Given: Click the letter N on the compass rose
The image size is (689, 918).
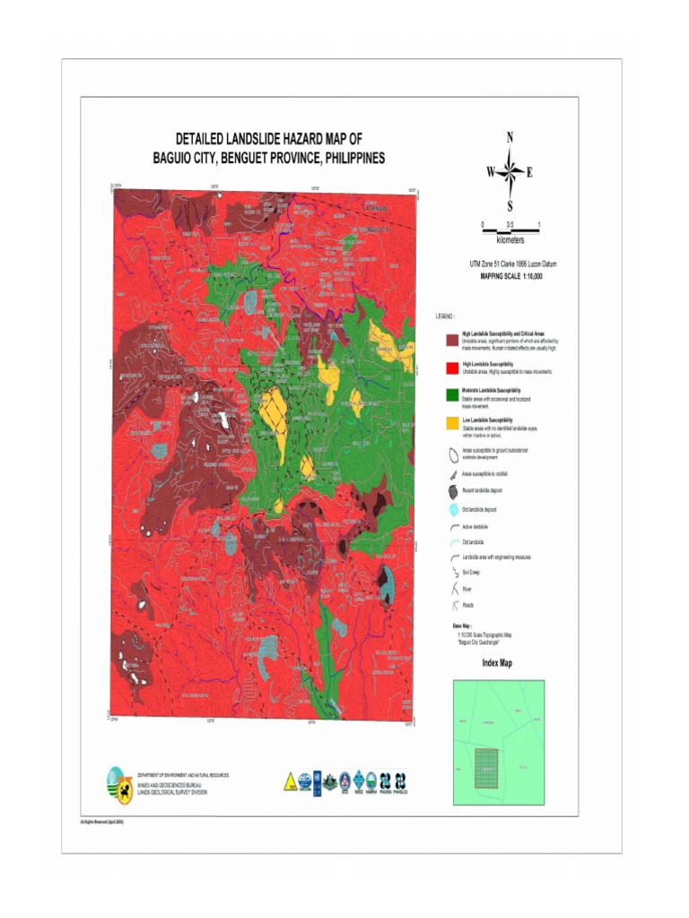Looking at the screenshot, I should [510, 137].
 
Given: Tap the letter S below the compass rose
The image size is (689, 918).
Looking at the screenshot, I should [510, 205].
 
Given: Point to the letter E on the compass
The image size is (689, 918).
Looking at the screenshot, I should [529, 172].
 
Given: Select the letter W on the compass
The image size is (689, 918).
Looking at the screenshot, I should [491, 172].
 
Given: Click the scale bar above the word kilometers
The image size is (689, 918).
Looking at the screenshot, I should [510, 230].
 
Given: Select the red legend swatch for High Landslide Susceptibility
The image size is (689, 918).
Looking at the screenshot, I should [452, 367].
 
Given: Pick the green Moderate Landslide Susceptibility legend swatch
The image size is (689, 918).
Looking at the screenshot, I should [452, 394].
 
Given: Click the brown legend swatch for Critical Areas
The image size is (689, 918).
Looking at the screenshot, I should [452, 337].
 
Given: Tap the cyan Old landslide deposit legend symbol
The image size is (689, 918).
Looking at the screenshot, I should [452, 509].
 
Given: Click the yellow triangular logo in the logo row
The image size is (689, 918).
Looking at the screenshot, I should [290, 781].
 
